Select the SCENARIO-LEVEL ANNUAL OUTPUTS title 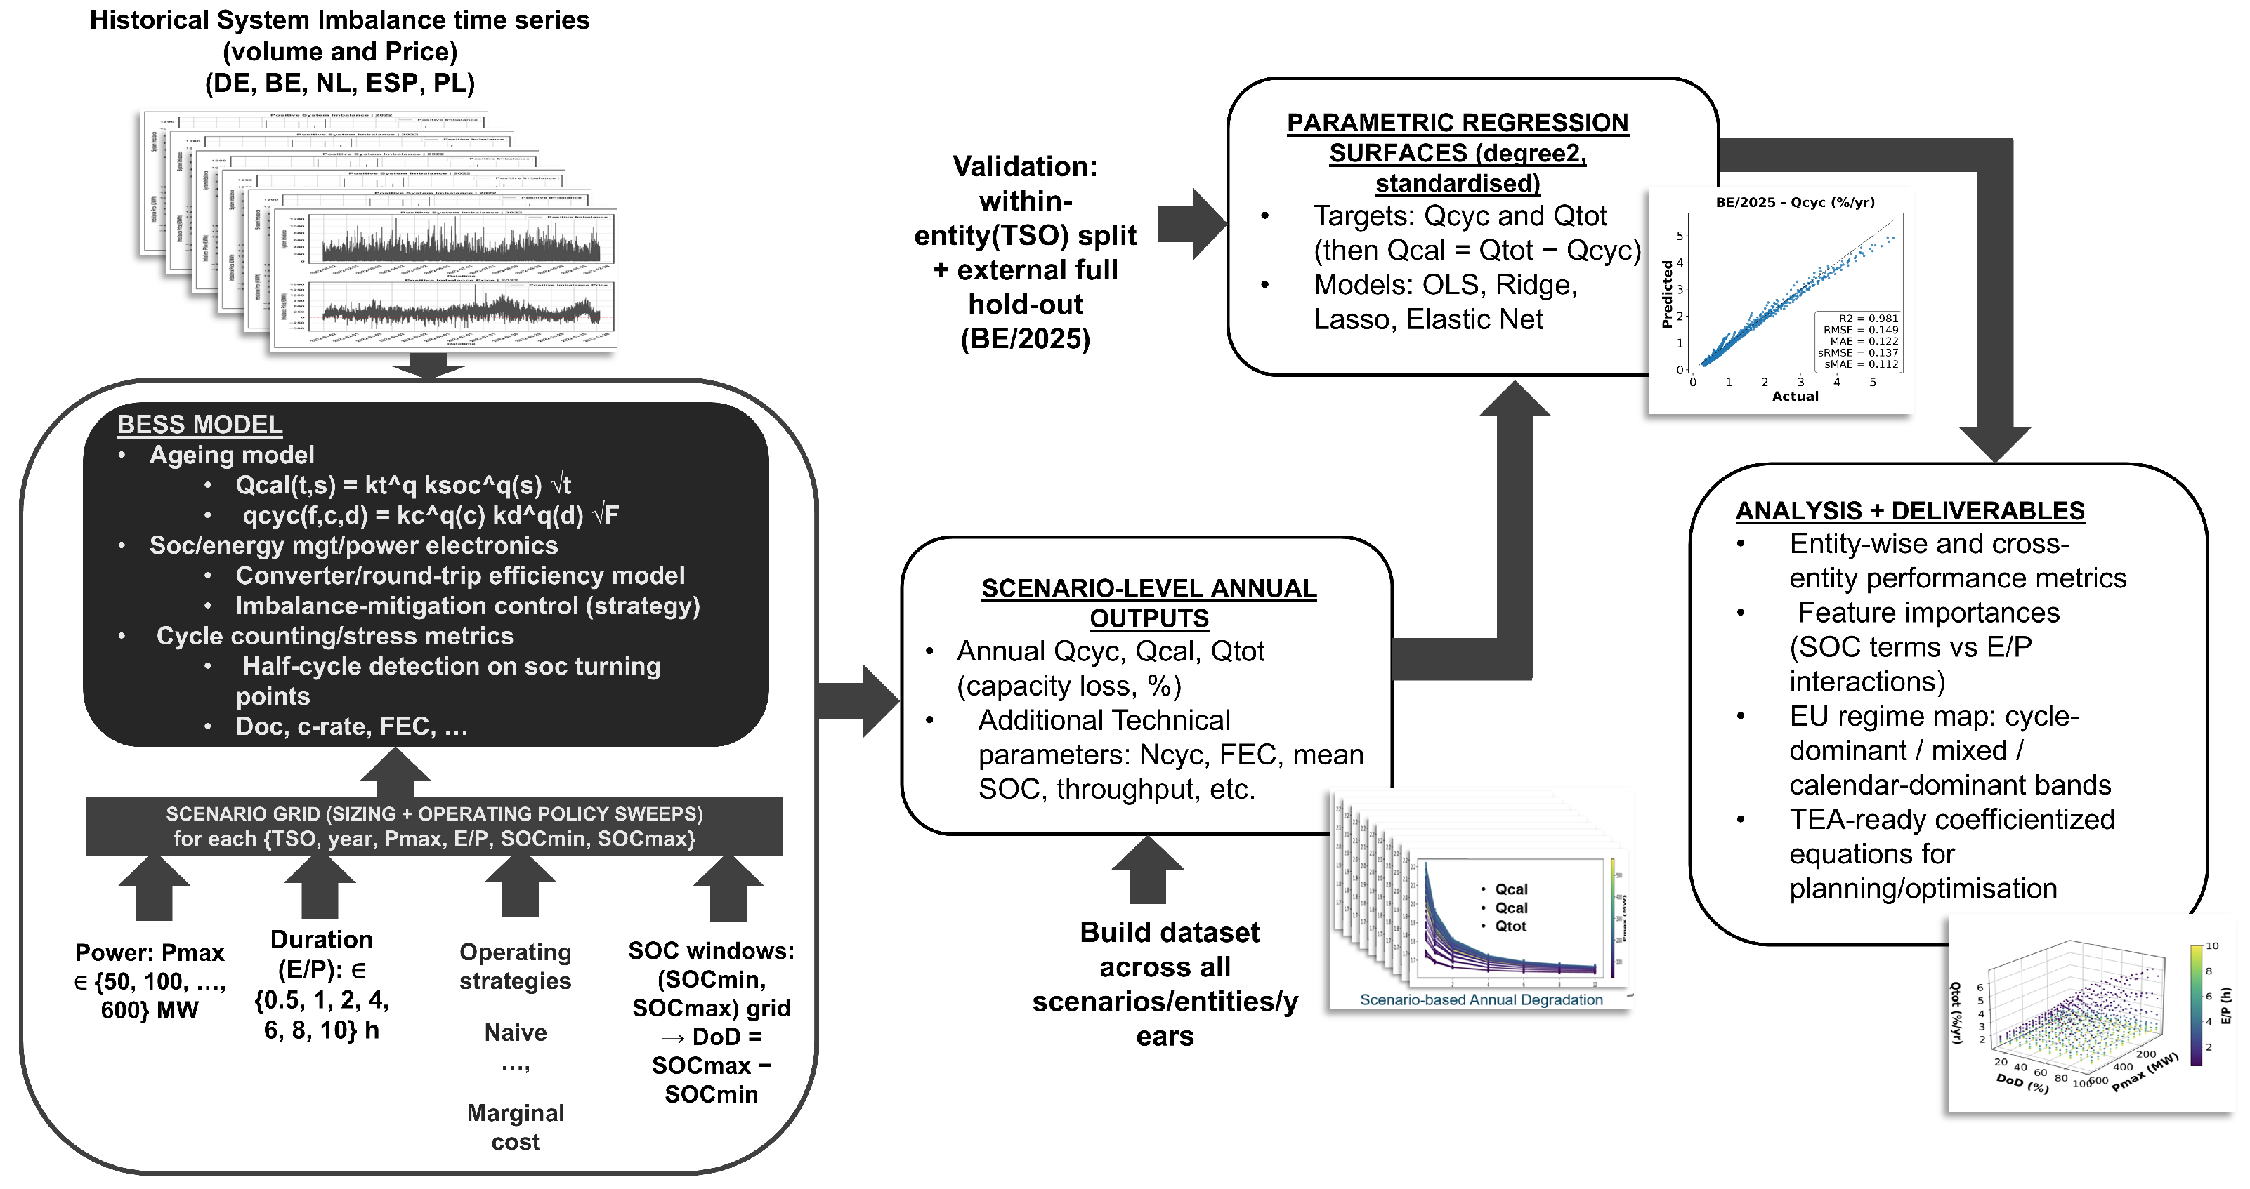pos(1149,603)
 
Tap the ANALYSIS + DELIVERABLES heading pos(1909,511)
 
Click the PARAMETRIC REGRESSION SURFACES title pos(1457,153)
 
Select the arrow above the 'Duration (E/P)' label pos(319,888)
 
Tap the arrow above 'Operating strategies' pos(520,888)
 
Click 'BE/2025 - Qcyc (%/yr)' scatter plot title pos(1795,203)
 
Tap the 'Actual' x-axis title pos(1795,397)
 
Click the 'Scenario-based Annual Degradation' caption pos(1481,999)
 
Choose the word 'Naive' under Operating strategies pos(516,1032)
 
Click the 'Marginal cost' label pos(516,1127)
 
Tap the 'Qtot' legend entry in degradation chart pos(1510,926)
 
